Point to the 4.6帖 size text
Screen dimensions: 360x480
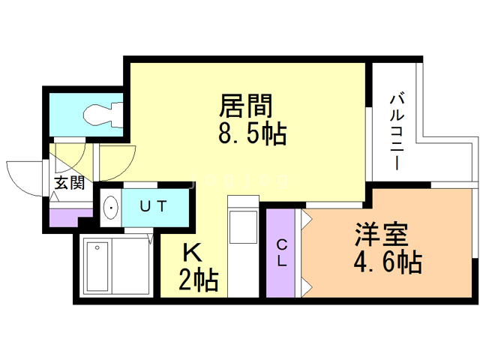point(387,263)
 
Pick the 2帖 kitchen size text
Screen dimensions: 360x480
point(198,280)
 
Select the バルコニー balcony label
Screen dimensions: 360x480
point(397,130)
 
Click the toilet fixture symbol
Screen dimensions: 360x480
point(102,113)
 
